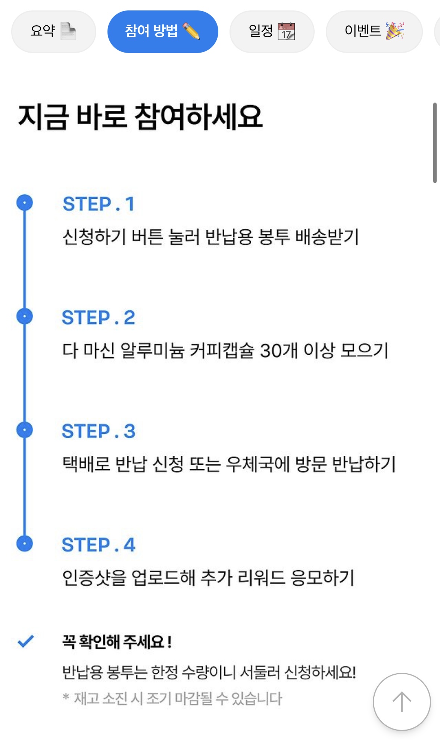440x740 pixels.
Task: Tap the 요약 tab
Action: (x=53, y=31)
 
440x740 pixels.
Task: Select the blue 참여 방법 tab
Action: (x=162, y=31)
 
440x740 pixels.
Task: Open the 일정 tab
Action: (x=272, y=31)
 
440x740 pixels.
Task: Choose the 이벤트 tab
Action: (x=374, y=31)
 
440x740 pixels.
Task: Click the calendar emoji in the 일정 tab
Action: (x=286, y=31)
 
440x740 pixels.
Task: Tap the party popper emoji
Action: (x=395, y=31)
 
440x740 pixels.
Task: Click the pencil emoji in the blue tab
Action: (x=191, y=31)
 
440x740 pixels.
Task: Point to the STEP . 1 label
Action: (x=98, y=204)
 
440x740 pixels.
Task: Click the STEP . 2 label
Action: (x=98, y=317)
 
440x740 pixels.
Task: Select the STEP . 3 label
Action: (x=98, y=431)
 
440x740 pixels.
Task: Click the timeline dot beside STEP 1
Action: (x=25, y=203)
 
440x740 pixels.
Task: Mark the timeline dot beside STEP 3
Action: (x=25, y=430)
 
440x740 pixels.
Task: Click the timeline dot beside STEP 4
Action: (x=25, y=543)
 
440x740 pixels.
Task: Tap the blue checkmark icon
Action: (x=26, y=641)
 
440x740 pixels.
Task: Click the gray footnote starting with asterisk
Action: (x=172, y=698)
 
